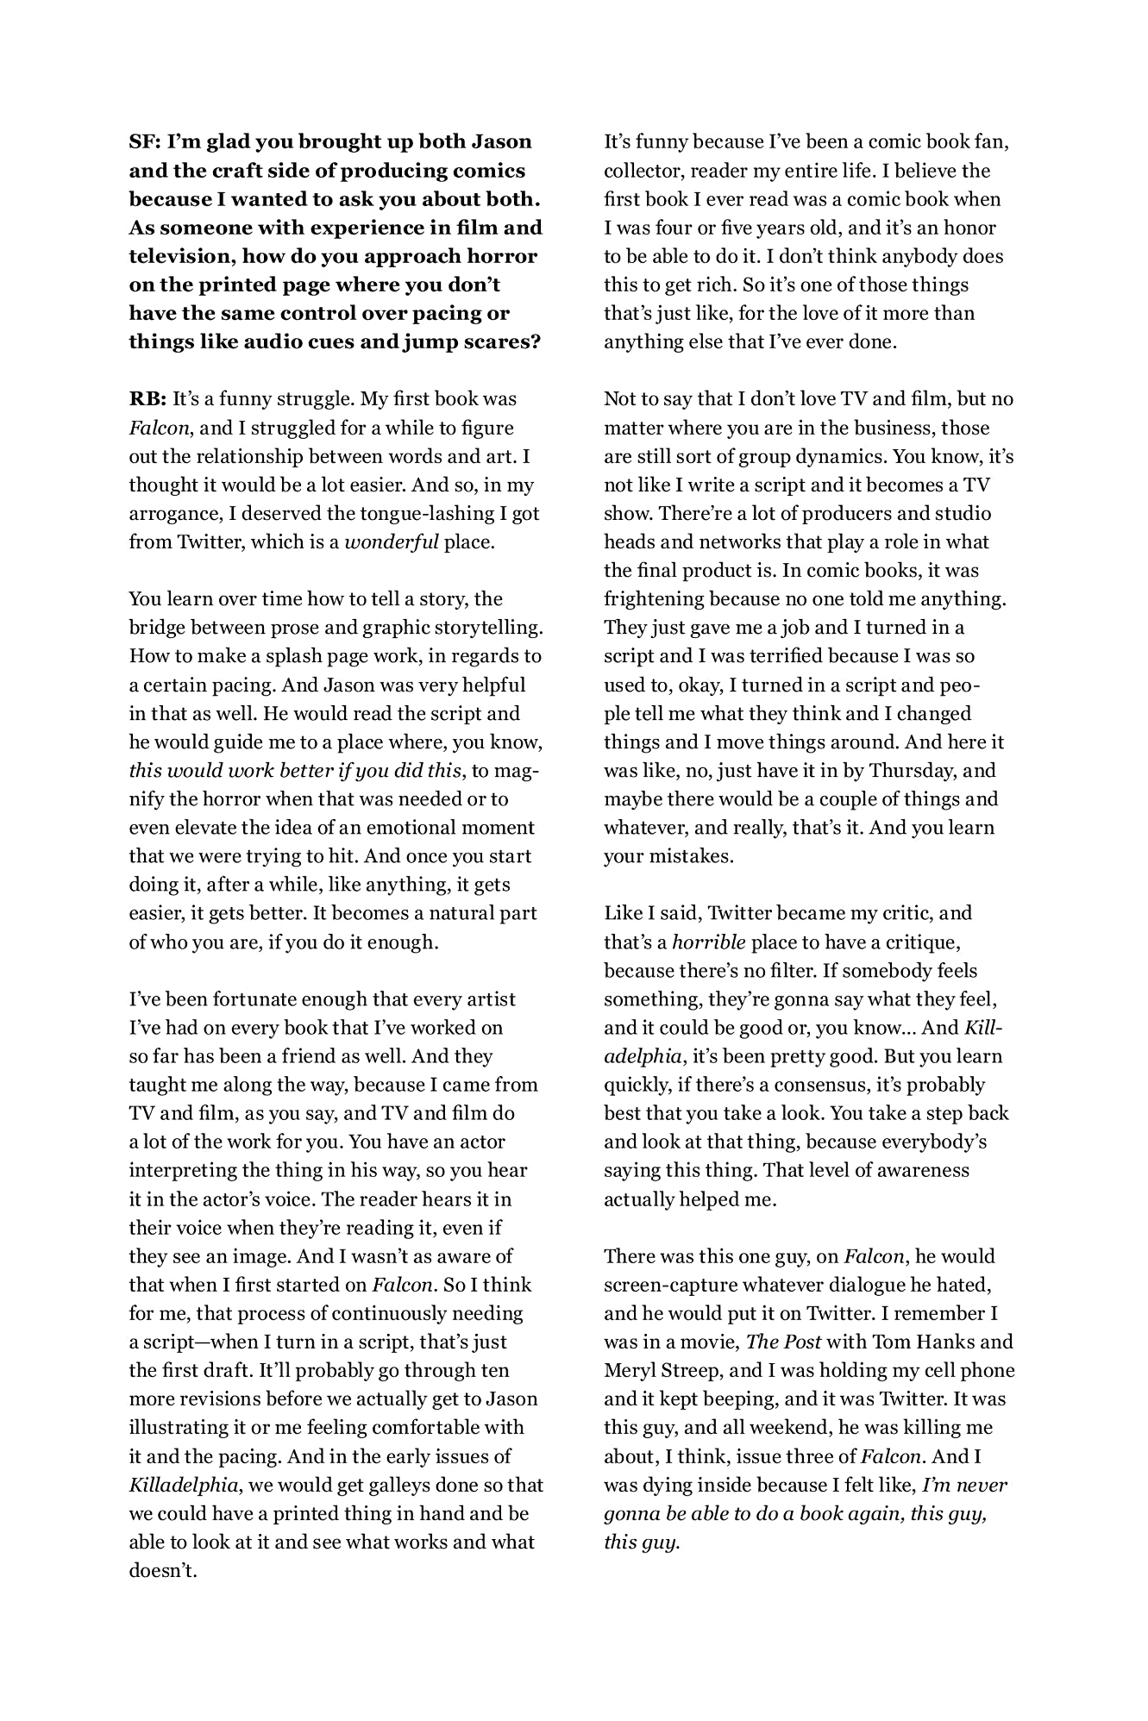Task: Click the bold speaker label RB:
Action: pos(147,399)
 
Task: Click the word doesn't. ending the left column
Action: pos(163,1570)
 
